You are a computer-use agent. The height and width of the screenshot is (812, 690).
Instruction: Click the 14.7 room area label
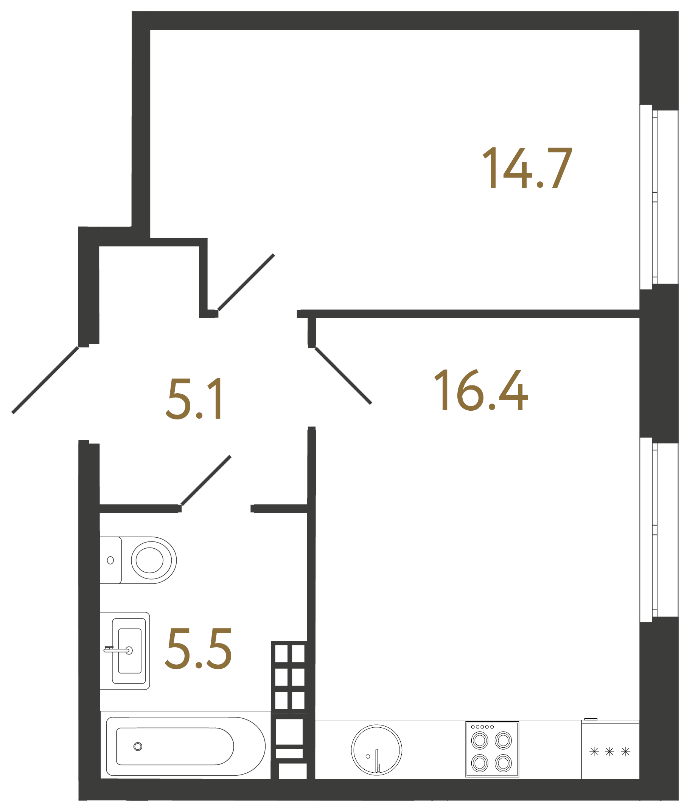(527, 168)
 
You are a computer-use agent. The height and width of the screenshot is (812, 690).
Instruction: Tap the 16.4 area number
(481, 390)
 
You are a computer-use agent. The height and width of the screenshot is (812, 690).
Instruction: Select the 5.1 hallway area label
(194, 399)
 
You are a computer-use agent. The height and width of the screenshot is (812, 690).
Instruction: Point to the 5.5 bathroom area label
(198, 649)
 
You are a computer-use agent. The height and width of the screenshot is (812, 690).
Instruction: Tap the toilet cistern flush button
(110, 560)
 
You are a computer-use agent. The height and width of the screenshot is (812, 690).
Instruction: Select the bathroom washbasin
(129, 651)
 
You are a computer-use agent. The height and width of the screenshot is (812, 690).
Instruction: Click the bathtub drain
(138, 747)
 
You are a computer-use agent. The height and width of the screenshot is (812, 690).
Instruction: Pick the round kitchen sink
(376, 750)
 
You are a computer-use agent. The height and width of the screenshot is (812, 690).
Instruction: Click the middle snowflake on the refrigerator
(609, 752)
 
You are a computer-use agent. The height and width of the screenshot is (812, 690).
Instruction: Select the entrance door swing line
(45, 379)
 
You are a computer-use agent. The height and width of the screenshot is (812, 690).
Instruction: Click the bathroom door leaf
(206, 481)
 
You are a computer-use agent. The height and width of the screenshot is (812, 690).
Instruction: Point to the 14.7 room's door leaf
(246, 282)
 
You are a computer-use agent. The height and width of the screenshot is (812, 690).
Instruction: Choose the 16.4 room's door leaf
(343, 376)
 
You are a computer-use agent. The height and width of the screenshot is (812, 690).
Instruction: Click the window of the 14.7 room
(654, 197)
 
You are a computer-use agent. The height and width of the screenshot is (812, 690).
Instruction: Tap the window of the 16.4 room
(654, 529)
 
